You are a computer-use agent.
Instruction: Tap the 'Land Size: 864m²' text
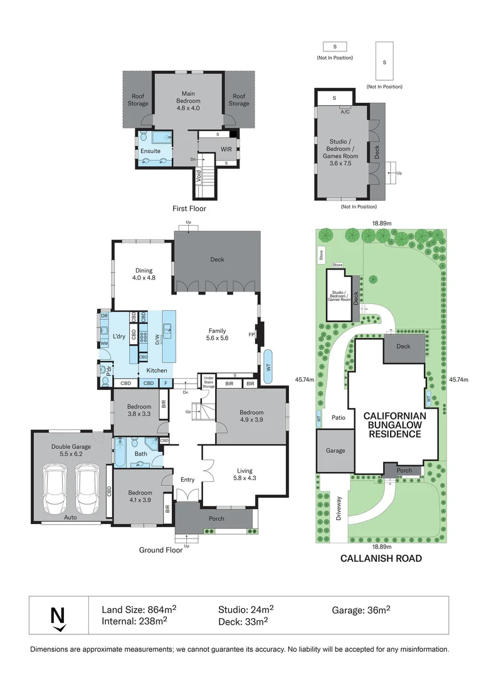139,609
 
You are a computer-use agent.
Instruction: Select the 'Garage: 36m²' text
362,609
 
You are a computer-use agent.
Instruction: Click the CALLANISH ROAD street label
381,558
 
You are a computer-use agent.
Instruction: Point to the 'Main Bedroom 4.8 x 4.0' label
187,101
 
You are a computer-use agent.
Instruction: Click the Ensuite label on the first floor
150,151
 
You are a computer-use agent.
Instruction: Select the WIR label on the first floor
226,149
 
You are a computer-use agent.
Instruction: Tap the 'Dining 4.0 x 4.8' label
142,274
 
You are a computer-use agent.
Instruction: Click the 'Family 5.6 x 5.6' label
217,334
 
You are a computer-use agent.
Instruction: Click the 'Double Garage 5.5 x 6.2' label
71,450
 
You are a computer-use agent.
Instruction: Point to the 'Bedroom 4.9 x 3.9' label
251,416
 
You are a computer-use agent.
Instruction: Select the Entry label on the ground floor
187,480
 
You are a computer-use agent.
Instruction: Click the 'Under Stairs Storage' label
208,382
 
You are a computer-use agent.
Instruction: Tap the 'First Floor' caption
189,209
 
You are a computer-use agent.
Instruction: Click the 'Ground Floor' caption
161,550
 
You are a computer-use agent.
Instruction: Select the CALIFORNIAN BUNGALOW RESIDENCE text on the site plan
394,424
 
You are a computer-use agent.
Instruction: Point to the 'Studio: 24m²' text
246,609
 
